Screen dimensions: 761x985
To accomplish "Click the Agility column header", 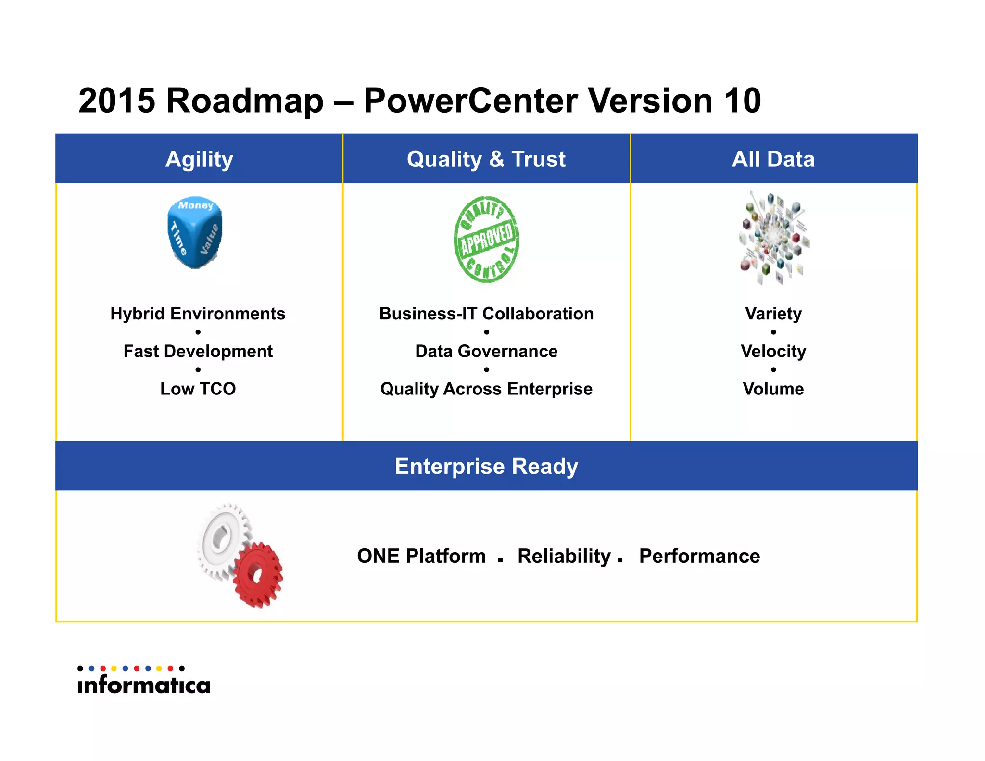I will (x=199, y=159).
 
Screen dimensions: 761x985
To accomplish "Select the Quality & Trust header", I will (x=486, y=159).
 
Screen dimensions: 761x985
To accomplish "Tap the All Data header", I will (x=773, y=159).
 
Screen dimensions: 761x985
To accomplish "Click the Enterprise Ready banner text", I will (x=486, y=466).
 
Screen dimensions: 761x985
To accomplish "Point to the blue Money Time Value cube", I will (x=195, y=232).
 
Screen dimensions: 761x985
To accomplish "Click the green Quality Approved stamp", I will (x=486, y=239).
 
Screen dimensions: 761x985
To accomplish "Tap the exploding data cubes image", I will (x=773, y=238).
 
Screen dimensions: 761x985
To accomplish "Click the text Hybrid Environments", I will (x=198, y=314).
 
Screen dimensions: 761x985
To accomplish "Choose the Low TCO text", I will (x=198, y=389).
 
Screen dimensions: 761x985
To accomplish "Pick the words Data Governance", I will (x=486, y=351).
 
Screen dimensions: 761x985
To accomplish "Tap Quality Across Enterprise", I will (x=486, y=389).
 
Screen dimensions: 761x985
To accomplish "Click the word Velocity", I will (x=773, y=351).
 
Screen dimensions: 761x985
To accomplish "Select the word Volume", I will (x=773, y=389).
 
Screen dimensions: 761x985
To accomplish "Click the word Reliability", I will (x=564, y=556).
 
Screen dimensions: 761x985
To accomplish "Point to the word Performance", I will (x=699, y=556).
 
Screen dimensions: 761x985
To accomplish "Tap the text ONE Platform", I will (x=421, y=556).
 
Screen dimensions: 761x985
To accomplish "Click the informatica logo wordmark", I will (x=144, y=685).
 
